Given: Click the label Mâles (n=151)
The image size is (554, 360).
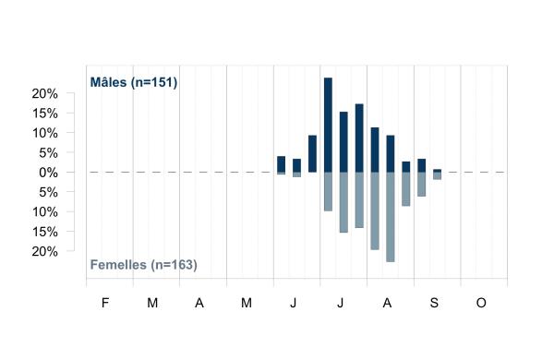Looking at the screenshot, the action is click(x=134, y=82).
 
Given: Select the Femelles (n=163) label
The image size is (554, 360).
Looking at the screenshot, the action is click(x=143, y=265).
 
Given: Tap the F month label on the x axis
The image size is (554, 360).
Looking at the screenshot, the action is click(x=105, y=303).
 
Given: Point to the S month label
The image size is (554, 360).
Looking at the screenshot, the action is click(x=434, y=303).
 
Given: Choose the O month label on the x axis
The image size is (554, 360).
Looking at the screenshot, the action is click(x=481, y=303).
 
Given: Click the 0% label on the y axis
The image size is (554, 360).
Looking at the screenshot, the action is click(x=48, y=173).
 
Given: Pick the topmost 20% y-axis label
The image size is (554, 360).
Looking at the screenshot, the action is click(x=45, y=94).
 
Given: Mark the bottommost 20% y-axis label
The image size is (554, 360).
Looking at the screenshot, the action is click(x=45, y=252).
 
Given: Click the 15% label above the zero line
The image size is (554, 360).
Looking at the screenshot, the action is click(x=45, y=114).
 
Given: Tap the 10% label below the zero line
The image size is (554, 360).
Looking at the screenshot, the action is click(x=45, y=212).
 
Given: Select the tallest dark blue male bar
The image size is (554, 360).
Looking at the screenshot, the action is click(x=328, y=125).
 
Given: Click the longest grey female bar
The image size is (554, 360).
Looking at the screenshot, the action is click(x=390, y=217).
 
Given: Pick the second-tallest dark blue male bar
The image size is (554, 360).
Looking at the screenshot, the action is click(x=359, y=138).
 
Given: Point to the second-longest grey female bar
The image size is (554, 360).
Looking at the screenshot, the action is click(x=375, y=210).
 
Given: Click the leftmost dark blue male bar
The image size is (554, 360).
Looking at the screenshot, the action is click(x=281, y=164).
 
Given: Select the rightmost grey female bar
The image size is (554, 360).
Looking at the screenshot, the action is click(x=437, y=176).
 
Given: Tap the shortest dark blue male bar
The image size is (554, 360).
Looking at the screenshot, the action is click(x=437, y=171).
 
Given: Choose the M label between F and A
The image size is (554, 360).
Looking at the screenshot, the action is click(x=152, y=303).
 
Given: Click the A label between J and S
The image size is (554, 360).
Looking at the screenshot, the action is click(x=387, y=303).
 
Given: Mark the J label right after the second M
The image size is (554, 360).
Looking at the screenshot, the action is click(x=294, y=303).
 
